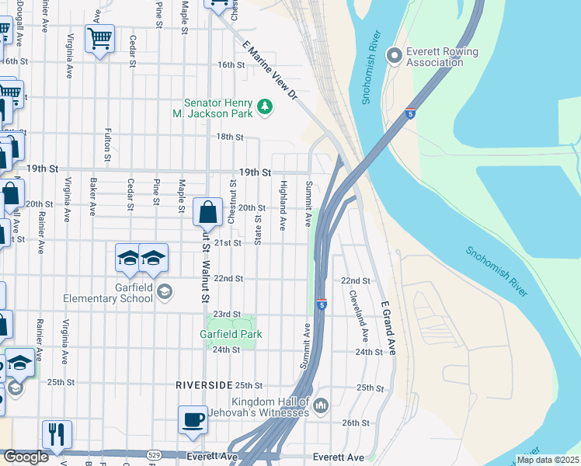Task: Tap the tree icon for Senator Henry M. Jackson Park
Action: pos(265,106)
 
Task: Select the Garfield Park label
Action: pos(231,335)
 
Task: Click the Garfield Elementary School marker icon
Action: pos(165,291)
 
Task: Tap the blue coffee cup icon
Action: pos(193,420)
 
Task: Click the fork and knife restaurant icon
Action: pos(56,435)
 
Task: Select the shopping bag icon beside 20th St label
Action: pos(208,211)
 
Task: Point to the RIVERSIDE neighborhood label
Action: pos(204,385)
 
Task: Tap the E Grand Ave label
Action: pos(388,329)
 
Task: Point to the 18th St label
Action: pos(230,137)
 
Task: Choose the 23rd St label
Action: pos(228,314)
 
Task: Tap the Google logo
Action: pos(26,457)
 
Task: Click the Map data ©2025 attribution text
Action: pos(547,460)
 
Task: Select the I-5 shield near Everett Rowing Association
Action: pos(411,113)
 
